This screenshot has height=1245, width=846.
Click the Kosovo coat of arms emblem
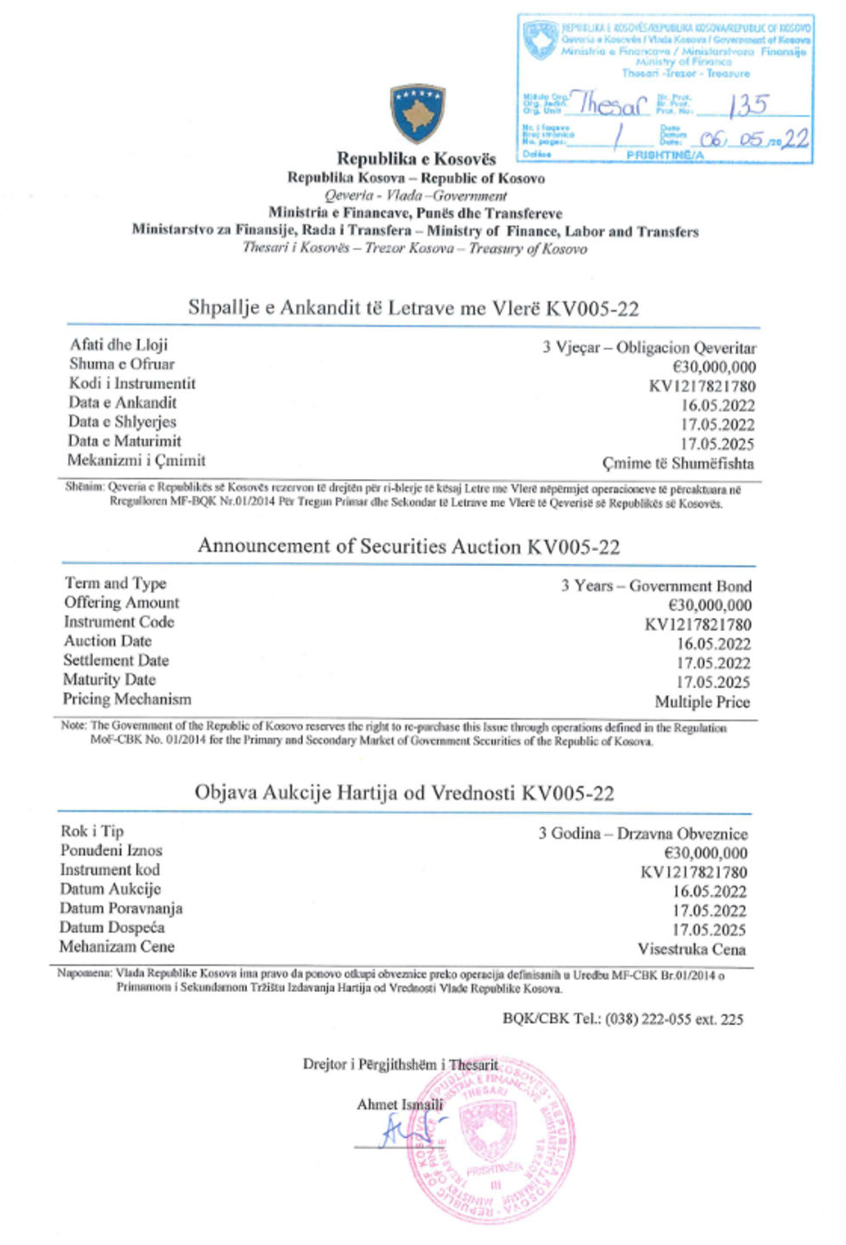point(418,113)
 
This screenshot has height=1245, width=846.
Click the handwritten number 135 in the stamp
point(748,106)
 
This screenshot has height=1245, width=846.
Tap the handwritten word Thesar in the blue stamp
point(612,104)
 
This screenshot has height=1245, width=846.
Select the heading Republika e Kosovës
point(416,159)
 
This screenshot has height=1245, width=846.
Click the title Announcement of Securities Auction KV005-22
point(408,547)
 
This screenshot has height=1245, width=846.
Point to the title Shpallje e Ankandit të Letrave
point(414,308)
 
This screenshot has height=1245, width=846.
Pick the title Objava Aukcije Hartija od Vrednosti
point(404,793)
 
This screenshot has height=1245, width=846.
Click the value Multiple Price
point(702,702)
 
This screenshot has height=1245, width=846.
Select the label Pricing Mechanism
point(127,698)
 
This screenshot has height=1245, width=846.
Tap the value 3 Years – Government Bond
point(656,586)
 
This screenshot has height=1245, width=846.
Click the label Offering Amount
point(122,603)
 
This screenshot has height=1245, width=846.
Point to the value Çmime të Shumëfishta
point(678,464)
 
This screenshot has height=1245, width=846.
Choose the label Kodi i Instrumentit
point(132,383)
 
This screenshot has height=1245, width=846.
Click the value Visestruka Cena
point(691,949)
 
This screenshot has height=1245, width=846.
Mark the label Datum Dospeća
point(112,927)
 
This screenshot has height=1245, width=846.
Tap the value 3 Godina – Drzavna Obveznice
point(643,834)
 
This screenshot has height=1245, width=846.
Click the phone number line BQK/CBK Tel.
point(622,1019)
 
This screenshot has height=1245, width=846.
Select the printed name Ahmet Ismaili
point(400,1104)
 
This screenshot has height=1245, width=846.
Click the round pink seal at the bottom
point(489,1138)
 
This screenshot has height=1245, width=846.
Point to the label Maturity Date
point(110,679)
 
